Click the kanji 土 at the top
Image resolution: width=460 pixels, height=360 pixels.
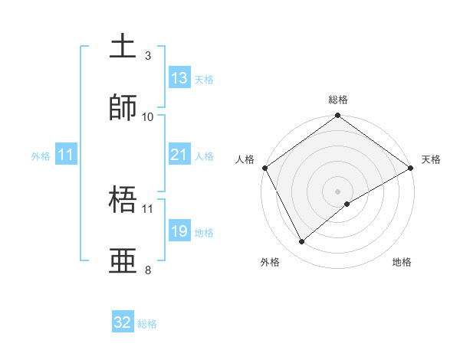pyautogui.click(x=124, y=46)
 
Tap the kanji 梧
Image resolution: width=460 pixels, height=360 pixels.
pyautogui.click(x=124, y=199)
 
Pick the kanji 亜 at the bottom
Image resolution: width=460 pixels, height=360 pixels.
pyautogui.click(x=124, y=260)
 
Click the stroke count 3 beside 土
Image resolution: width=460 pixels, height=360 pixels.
pyautogui.click(x=148, y=55)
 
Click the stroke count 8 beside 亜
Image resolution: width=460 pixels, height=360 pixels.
pyautogui.click(x=148, y=270)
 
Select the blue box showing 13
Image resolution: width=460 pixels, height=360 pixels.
pyautogui.click(x=179, y=78)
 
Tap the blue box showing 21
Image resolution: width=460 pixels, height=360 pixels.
pyautogui.click(x=179, y=155)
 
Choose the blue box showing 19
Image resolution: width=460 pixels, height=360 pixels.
pyautogui.click(x=179, y=231)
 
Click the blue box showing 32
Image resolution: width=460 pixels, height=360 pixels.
pyautogui.click(x=123, y=322)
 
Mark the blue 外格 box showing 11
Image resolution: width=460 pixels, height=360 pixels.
pyautogui.click(x=66, y=155)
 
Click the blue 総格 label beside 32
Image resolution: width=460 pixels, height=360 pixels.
pyautogui.click(x=147, y=324)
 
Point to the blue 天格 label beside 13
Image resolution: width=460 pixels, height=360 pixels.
pyautogui.click(x=203, y=79)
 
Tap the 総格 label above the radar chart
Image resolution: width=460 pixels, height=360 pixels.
pyautogui.click(x=338, y=100)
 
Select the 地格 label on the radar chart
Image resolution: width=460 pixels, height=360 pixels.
pyautogui.click(x=402, y=262)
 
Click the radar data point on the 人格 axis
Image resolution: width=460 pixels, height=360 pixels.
pyautogui.click(x=264, y=168)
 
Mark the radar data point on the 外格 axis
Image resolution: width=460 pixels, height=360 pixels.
pyautogui.click(x=302, y=241)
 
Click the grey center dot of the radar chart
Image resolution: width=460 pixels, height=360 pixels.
pyautogui.click(x=338, y=191)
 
